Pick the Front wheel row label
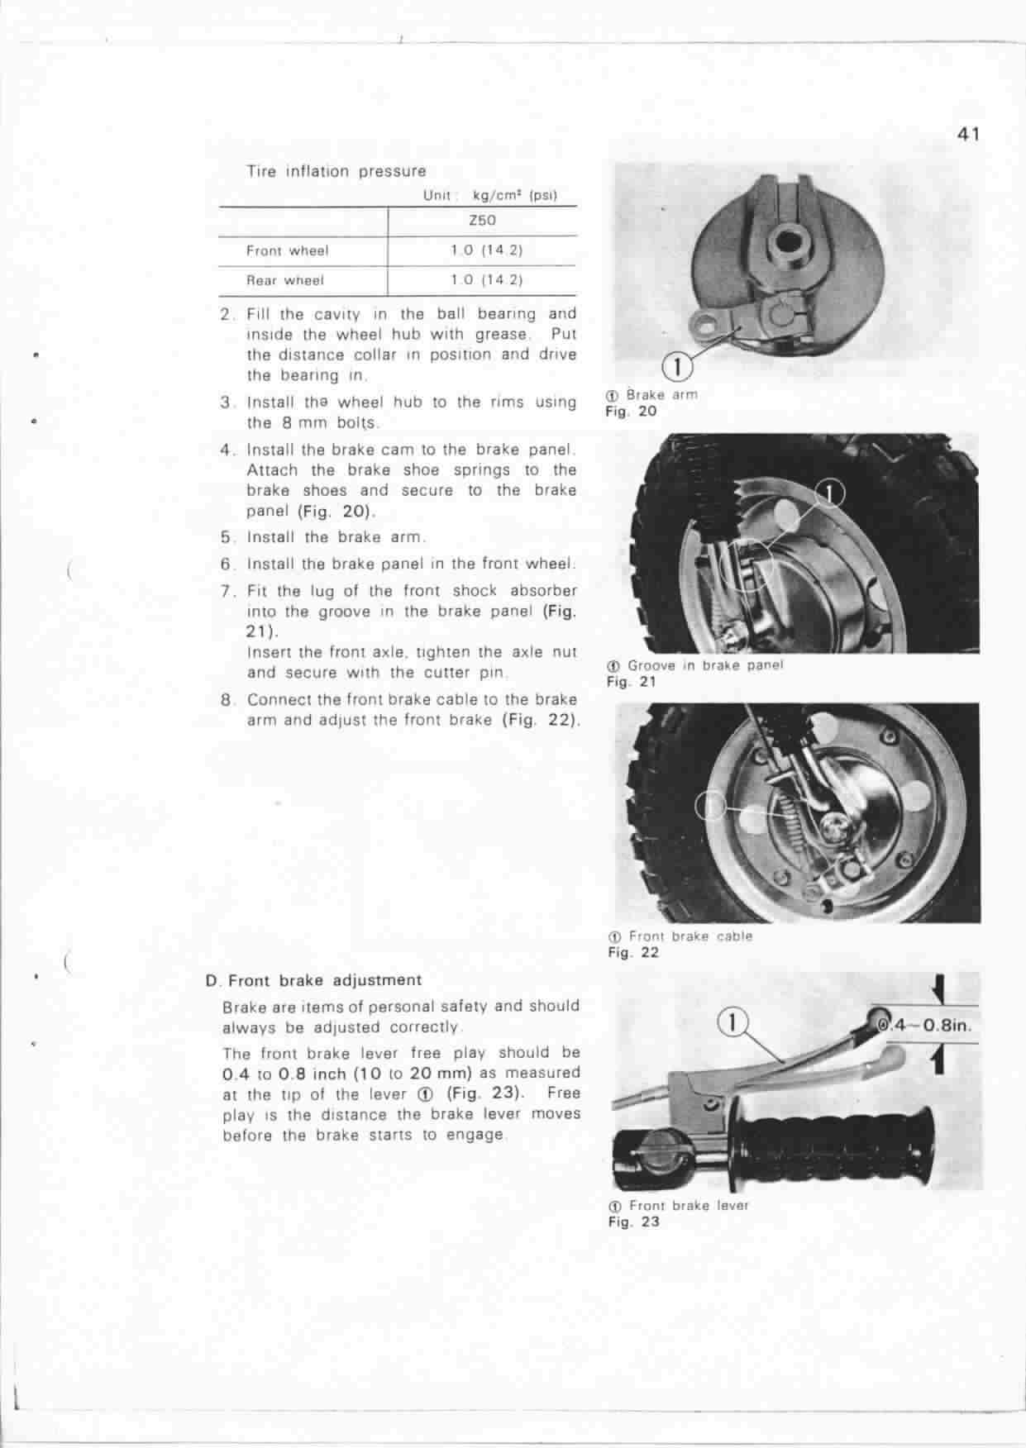click(x=287, y=250)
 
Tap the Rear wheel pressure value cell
click(x=486, y=280)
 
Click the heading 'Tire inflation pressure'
click(x=336, y=172)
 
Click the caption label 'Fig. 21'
click(x=631, y=682)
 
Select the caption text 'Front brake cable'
click(x=690, y=936)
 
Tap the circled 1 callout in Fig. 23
click(x=732, y=1022)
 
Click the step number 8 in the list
click(x=227, y=699)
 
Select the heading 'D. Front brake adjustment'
click(x=313, y=980)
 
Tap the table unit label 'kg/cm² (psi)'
click(x=514, y=196)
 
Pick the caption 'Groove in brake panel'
click(x=704, y=665)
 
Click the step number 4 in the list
click(x=227, y=450)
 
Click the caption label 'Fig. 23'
click(x=633, y=1222)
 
